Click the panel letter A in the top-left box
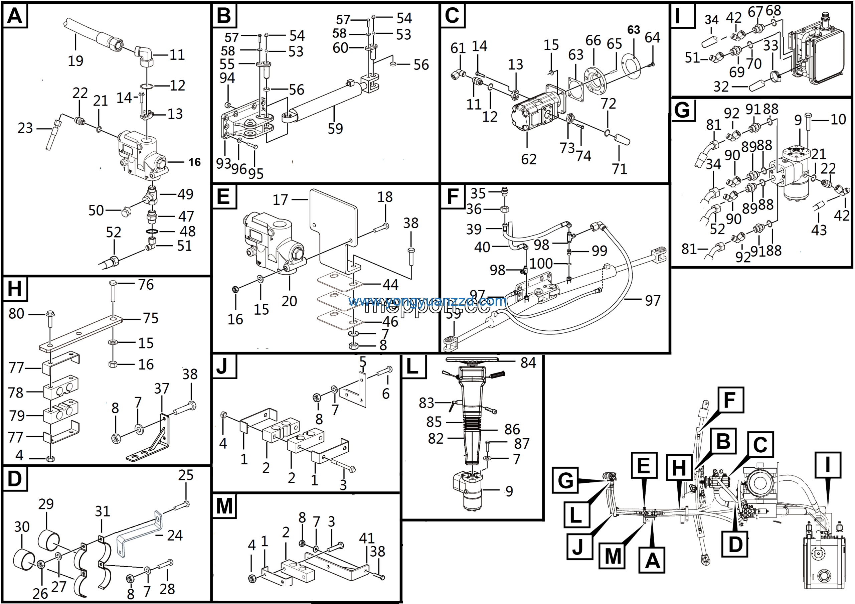15,16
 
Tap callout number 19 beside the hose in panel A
75,61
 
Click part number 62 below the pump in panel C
528,159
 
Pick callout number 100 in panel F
541,264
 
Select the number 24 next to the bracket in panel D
175,536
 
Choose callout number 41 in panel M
366,538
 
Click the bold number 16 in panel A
194,162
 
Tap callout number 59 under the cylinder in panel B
335,129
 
